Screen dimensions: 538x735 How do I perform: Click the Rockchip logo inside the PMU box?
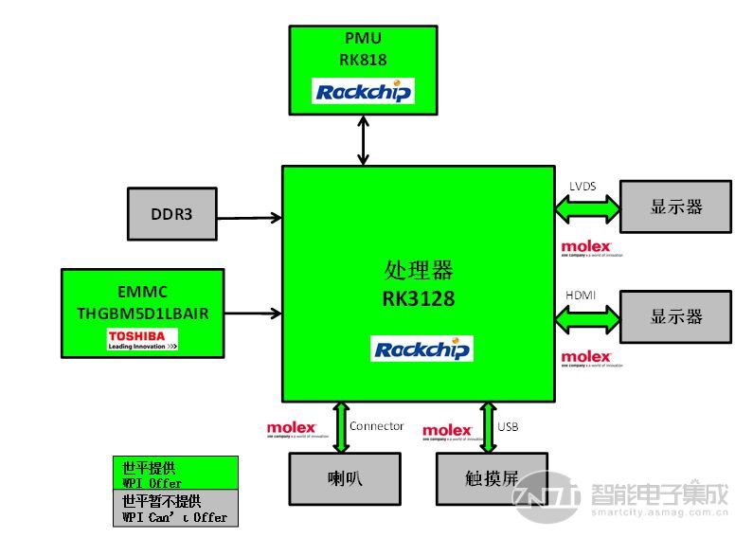tap(363, 91)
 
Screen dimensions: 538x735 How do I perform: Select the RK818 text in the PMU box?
tap(363, 60)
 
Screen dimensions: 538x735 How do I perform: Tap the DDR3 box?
tap(171, 214)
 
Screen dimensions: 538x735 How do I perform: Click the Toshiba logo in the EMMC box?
tap(142, 340)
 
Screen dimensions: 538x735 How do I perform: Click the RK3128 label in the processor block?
tap(418, 299)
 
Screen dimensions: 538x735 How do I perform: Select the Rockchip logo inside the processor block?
tap(421, 349)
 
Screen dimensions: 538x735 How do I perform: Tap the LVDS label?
tap(582, 187)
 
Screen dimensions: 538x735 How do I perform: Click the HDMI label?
tap(581, 296)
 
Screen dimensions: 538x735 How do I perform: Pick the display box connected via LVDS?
tap(675, 206)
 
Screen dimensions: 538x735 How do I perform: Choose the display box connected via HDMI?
tap(675, 316)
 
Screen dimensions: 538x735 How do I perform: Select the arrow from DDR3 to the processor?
tap(249, 218)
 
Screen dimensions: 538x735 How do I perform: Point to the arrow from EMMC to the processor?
tap(253, 313)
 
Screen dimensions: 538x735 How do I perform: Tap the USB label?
tap(508, 426)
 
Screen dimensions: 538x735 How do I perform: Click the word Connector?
tap(376, 426)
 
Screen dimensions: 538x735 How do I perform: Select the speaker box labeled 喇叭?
tap(345, 478)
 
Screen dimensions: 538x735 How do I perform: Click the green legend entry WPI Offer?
tap(175, 475)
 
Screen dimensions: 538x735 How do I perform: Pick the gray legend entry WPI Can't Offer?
tap(175, 509)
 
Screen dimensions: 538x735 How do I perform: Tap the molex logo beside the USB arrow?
tap(447, 432)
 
